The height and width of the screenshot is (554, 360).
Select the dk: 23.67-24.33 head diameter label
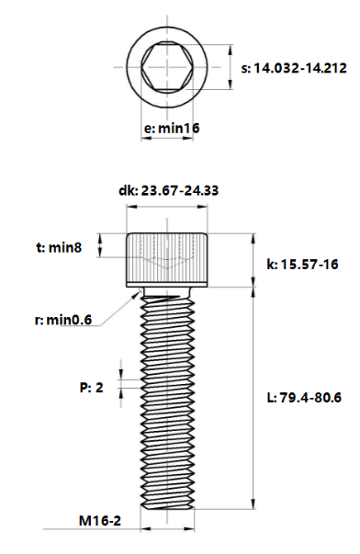tap(168, 191)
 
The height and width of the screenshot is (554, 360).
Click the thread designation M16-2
tap(100, 521)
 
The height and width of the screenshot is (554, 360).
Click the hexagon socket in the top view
tap(168, 66)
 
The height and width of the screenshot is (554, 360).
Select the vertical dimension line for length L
tap(254, 398)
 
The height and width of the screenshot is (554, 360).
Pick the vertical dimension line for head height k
tap(254, 261)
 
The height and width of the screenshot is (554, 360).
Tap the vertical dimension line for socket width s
tap(229, 67)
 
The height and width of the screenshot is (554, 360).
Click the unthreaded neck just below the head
tap(168, 293)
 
